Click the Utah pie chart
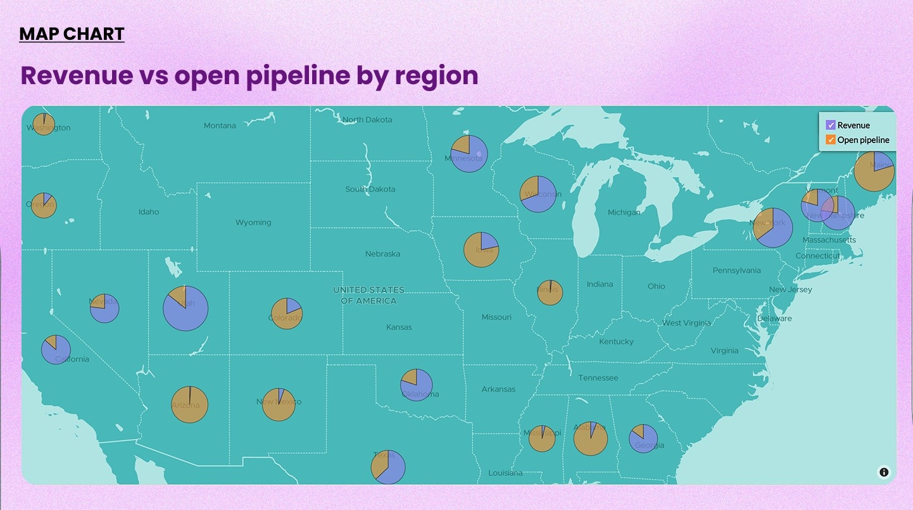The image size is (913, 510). pos(186,308)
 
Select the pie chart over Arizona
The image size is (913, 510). pos(189,404)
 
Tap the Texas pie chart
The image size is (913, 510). pos(387,467)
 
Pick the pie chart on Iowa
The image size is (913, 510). pos(481,249)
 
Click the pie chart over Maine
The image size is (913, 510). pos(874,171)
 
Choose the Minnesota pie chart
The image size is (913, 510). pos(469,153)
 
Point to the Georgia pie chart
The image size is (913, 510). pos(643,438)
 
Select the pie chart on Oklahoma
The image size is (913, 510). pos(416,385)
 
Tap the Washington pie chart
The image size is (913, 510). pos(44,124)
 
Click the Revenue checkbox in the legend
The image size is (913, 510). pos(831,125)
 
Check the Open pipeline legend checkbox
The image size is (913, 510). pos(831,140)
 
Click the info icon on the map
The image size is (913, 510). pos(884,472)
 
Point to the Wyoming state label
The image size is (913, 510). pos(253,223)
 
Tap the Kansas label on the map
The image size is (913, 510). pos(399,327)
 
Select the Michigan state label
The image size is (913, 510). pos(624,213)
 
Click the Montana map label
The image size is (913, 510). pos(220,126)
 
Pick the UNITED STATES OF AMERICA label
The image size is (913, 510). pos(368,295)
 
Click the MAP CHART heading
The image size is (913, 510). pos(72,34)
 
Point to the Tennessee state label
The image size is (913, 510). pos(598,378)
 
